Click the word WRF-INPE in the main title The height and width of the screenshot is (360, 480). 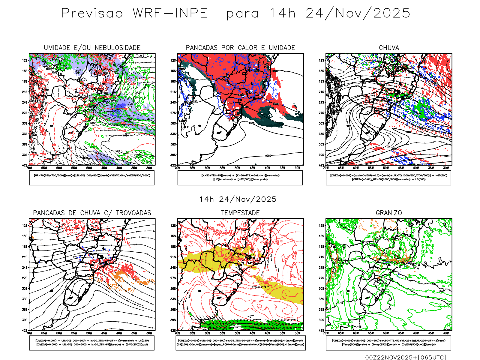tap(170, 13)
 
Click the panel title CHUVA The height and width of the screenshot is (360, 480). tap(389, 48)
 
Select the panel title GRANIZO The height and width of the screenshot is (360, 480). tap(389, 213)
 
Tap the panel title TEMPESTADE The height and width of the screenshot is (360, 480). tap(240, 213)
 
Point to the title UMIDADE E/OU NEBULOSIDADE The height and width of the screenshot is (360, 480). tap(92, 48)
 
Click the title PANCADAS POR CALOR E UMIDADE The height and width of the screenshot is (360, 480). tap(240, 48)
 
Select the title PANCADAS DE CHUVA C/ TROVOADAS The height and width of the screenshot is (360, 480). tap(92, 213)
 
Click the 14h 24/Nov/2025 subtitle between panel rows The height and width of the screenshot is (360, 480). tap(238, 199)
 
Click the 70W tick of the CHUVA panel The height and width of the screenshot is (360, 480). tap(326, 168)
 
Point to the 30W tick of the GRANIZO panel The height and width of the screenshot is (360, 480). tap(446, 333)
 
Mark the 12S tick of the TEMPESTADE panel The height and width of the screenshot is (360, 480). tap(173, 226)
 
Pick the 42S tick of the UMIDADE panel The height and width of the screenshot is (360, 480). tap(25, 165)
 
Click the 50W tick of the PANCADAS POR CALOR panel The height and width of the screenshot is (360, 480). tap(238, 168)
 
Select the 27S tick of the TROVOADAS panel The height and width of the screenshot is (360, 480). tap(25, 278)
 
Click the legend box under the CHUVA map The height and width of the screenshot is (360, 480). tap(388, 178)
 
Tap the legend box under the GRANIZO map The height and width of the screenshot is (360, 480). tap(388, 343)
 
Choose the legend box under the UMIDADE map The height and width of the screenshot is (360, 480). tap(92, 178)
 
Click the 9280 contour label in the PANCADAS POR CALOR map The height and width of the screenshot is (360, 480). tap(268, 156)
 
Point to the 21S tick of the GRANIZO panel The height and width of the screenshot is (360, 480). tap(322, 257)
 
